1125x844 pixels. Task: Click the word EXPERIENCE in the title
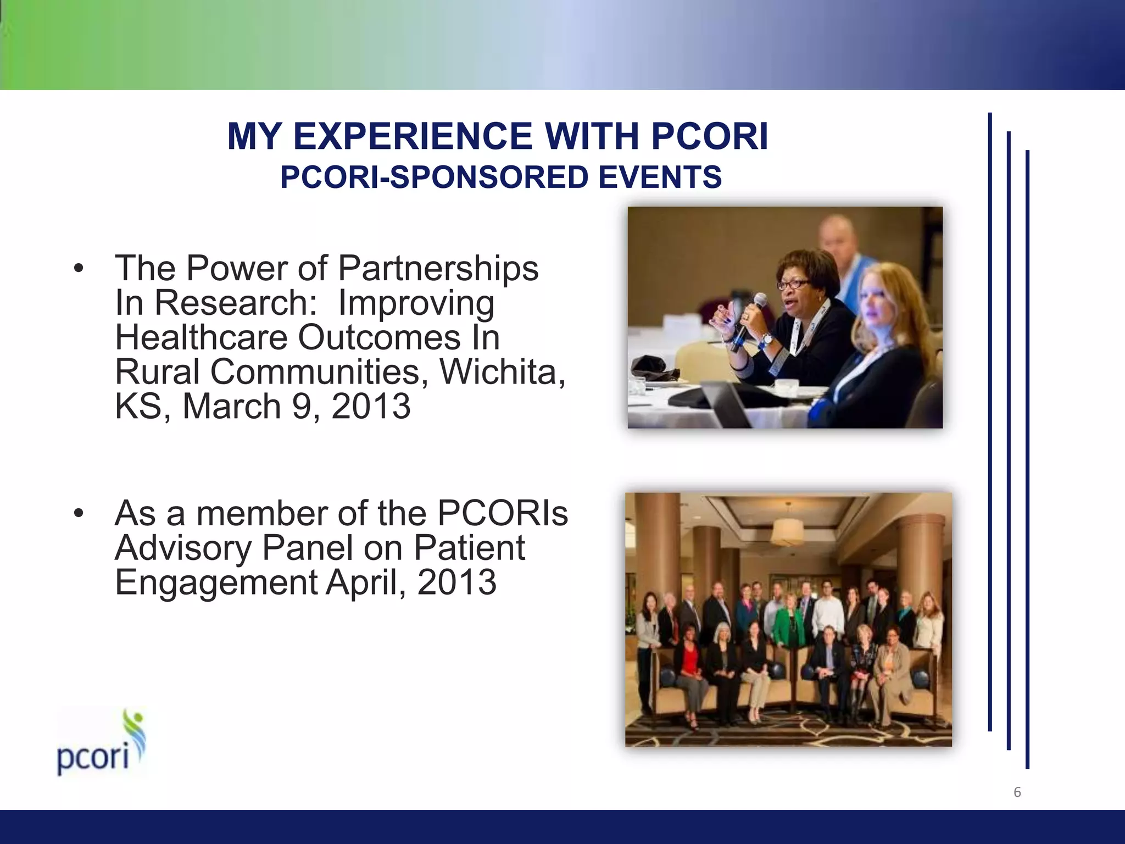413,136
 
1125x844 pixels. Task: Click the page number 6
1017,792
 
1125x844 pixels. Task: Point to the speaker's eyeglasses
793,285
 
